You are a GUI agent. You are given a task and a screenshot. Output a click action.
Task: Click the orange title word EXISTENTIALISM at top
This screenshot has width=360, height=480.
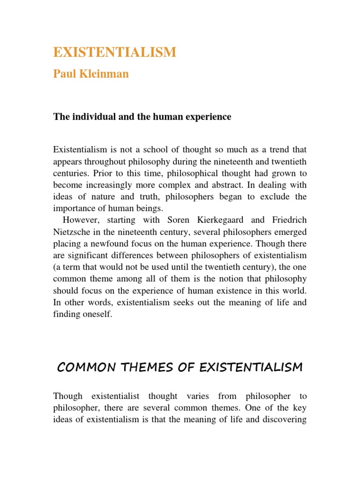pos(115,52)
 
